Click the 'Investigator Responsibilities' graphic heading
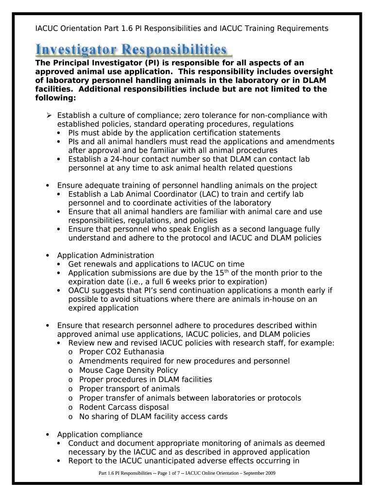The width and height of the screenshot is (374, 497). click(x=132, y=50)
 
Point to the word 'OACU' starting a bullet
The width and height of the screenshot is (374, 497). click(x=79, y=291)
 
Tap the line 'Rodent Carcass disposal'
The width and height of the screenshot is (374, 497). click(x=124, y=407)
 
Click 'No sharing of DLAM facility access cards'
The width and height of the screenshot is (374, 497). click(x=153, y=416)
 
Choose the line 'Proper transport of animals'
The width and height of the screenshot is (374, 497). click(x=129, y=389)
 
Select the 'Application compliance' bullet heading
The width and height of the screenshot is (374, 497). click(x=100, y=434)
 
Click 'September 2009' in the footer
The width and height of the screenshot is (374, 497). click(x=260, y=473)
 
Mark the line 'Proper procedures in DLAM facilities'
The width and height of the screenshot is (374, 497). click(x=145, y=380)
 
